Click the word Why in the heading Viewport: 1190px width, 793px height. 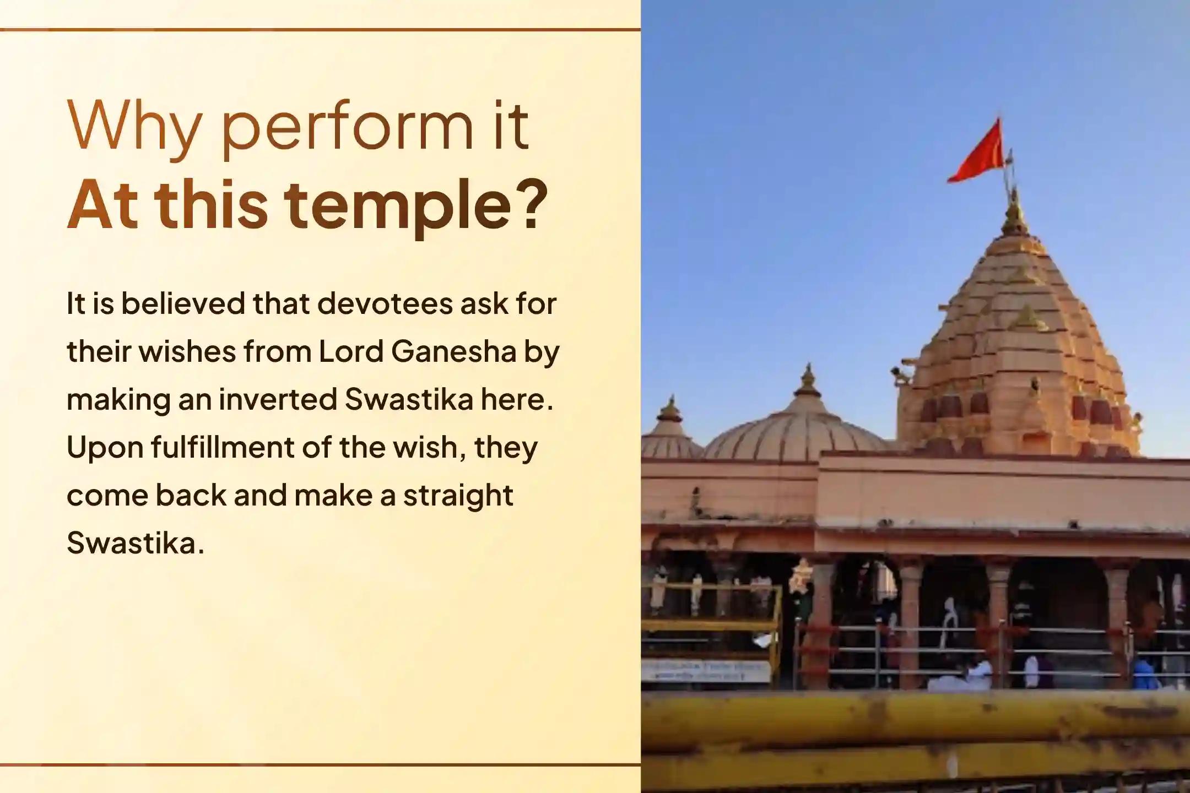(x=133, y=128)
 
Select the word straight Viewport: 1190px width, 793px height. (x=458, y=496)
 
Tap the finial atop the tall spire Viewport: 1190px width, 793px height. (x=1014, y=212)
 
